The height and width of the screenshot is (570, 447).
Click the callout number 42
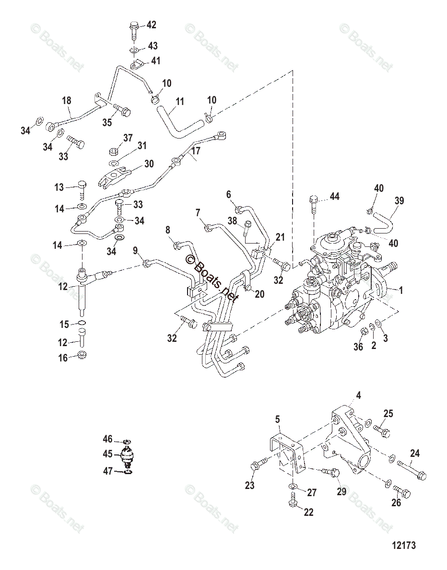tap(151, 25)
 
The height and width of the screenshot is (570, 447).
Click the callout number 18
tap(67, 101)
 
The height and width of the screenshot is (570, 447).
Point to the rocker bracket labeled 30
tap(118, 174)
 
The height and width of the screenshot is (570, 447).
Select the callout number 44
tap(333, 198)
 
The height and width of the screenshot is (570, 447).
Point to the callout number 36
tap(358, 347)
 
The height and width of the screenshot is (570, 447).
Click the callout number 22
tap(308, 512)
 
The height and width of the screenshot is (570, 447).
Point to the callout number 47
tap(108, 472)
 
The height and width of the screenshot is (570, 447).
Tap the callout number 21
tap(280, 237)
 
